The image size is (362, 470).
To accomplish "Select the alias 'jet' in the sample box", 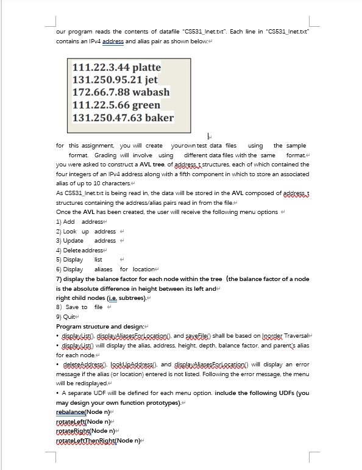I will click(151, 80).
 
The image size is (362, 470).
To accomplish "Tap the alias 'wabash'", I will click(151, 92).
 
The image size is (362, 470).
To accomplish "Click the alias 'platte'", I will click(146, 67).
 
